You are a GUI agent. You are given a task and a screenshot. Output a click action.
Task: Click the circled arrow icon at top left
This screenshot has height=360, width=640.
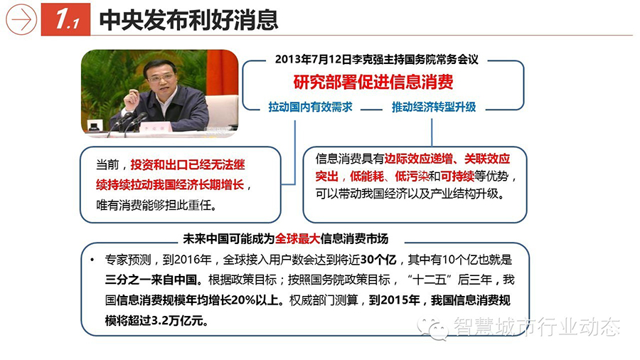[21, 19]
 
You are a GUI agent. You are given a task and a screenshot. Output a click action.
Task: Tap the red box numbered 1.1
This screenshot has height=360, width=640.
[65, 20]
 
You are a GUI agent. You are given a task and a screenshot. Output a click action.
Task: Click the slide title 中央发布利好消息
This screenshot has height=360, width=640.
[188, 20]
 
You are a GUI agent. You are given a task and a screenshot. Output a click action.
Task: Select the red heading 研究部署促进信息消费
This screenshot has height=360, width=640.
[373, 82]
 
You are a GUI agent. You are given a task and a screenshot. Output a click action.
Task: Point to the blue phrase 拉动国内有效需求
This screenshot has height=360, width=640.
[310, 107]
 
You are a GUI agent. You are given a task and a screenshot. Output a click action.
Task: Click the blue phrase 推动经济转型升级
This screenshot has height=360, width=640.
[434, 107]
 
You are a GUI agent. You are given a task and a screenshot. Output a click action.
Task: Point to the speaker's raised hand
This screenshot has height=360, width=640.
[132, 98]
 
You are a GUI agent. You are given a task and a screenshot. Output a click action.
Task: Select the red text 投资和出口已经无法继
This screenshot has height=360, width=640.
[187, 165]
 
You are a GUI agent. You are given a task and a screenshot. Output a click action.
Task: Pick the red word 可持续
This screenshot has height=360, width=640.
[457, 176]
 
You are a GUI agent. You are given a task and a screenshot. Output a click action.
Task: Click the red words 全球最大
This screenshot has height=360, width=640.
[297, 239]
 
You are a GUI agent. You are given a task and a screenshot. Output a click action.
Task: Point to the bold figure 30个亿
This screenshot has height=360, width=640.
[378, 260]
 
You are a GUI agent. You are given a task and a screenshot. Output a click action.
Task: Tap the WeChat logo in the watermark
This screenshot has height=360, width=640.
[432, 328]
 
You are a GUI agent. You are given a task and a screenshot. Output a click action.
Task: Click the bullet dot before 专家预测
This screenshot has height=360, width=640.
[92, 260]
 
